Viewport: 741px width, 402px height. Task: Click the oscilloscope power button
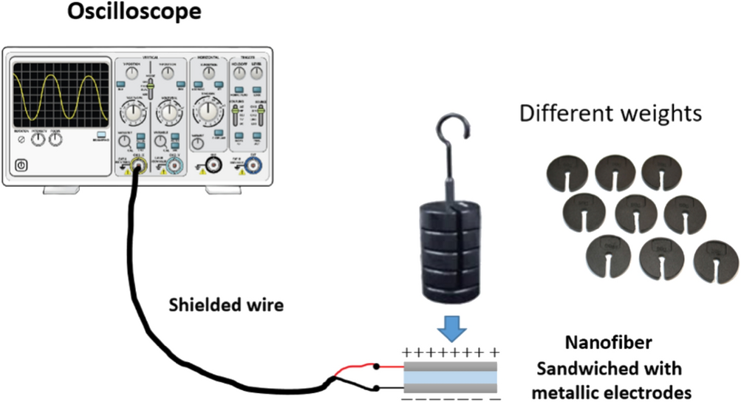[21, 166]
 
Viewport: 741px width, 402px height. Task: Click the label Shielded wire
[228, 304]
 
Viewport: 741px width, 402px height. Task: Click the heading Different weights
[610, 114]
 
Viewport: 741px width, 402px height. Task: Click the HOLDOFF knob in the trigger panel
[239, 73]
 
